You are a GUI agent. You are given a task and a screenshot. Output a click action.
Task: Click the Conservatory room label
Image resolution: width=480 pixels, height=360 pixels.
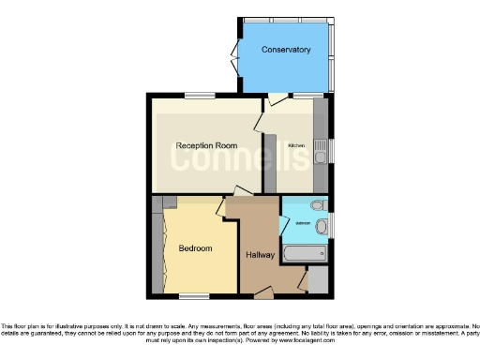pos(286,49)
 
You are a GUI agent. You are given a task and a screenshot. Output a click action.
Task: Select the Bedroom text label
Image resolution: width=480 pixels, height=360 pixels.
pos(195,248)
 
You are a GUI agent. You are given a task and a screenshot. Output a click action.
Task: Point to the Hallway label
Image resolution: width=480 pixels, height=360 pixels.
pos(260,254)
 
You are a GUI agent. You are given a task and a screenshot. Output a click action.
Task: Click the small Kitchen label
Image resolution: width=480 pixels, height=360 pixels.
pos(296,146)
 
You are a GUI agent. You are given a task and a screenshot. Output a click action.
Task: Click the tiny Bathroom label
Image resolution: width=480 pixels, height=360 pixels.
pos(304,224)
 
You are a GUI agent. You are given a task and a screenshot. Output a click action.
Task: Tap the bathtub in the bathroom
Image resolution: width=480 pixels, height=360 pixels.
pos(305,253)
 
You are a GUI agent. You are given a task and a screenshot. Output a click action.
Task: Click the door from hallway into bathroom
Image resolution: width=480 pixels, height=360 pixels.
pos(284,225)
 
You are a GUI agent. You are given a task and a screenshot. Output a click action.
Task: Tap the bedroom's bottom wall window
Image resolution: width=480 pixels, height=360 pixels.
pos(194,296)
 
